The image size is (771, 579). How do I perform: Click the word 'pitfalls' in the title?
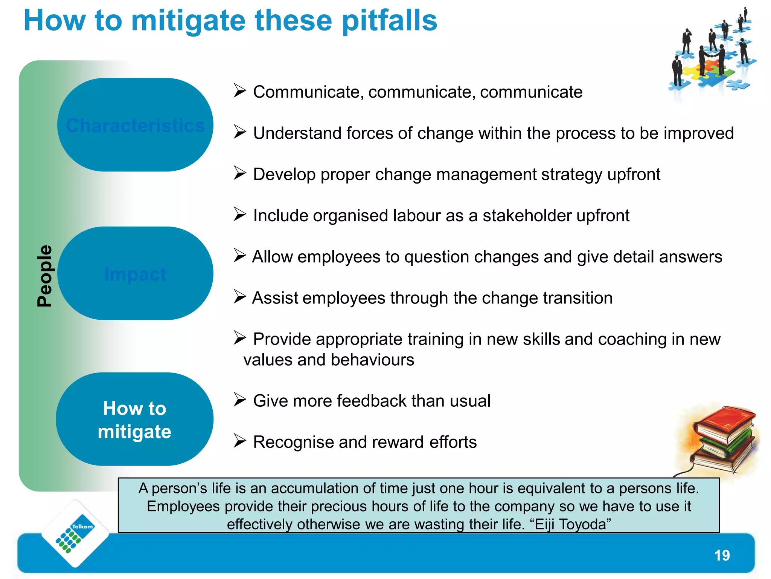pyautogui.click(x=389, y=21)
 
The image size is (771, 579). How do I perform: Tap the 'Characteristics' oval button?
pyautogui.click(x=135, y=125)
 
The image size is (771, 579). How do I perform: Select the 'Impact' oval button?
pyautogui.click(x=135, y=274)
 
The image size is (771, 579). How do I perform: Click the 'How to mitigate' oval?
pyautogui.click(x=134, y=420)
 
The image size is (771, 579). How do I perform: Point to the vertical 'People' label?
pyautogui.click(x=45, y=276)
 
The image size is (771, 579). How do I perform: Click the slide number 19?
pyautogui.click(x=722, y=555)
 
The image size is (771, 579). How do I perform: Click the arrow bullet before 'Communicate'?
pyautogui.click(x=239, y=90)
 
